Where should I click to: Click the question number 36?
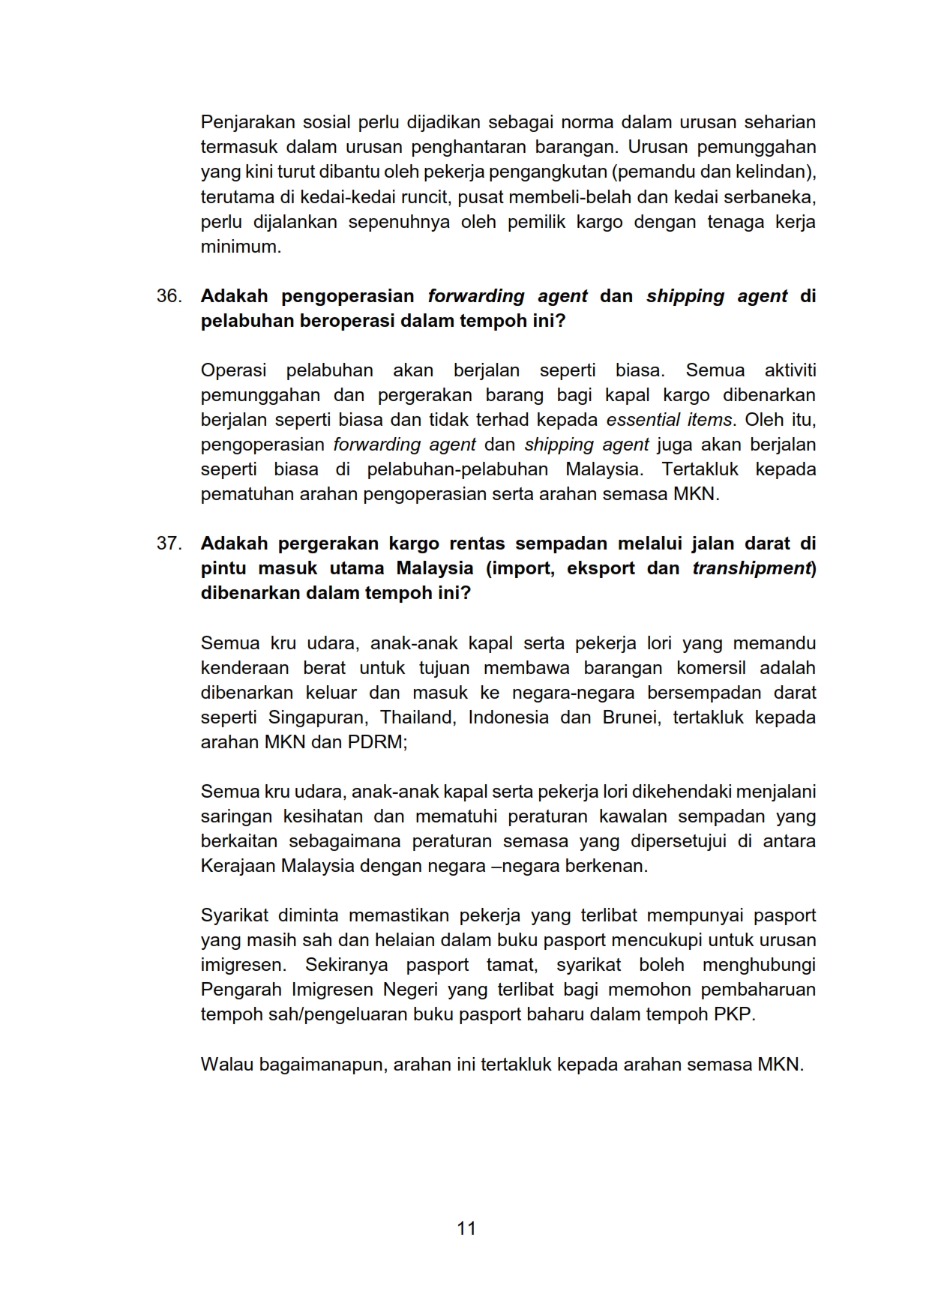pos(169,296)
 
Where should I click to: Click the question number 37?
pos(169,544)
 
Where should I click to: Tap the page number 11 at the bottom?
pos(466,1228)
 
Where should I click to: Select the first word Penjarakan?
pos(247,122)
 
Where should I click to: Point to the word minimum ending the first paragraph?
pos(240,247)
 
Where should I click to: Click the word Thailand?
pos(418,717)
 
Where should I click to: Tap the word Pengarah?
pos(241,990)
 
